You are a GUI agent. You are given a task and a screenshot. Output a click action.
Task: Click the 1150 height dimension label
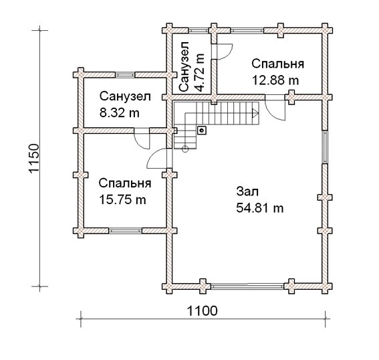pos(34,158)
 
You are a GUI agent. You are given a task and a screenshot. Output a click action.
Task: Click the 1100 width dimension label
pos(203,311)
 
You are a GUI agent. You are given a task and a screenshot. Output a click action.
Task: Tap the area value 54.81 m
pos(259,208)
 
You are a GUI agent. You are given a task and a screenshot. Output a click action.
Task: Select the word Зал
pos(247,191)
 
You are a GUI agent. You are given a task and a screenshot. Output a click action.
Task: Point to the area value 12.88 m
pos(275,80)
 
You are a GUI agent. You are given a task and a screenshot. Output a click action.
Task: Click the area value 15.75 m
pos(122,200)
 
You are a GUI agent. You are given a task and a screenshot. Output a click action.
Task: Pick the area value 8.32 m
pos(120,112)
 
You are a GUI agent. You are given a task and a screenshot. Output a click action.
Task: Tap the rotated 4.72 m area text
pos(200,72)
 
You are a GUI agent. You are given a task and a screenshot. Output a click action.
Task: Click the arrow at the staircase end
pos(255,113)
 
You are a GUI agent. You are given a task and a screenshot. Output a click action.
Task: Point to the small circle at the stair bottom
pos(185,149)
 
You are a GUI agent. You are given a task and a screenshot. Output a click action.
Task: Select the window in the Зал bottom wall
pos(247,286)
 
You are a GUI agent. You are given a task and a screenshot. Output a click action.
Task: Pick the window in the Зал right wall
pos(325,147)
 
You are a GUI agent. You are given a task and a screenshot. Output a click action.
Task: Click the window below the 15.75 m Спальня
pos(125,231)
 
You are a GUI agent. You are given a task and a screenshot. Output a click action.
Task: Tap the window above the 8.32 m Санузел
pos(125,75)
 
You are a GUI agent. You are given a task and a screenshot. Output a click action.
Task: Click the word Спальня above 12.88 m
pos(277,64)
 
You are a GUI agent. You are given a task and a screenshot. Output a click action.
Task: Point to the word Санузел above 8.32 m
pos(125,96)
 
